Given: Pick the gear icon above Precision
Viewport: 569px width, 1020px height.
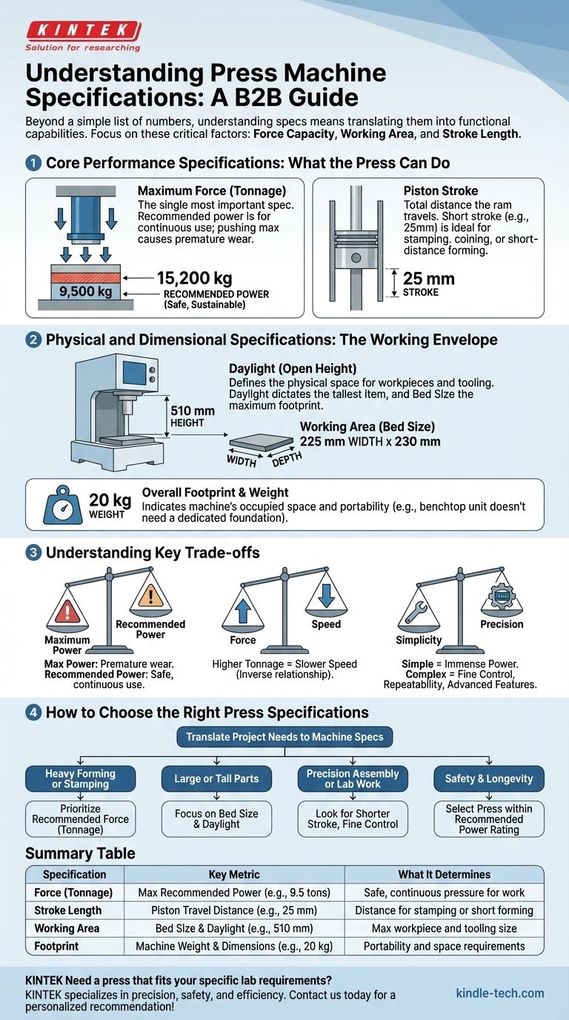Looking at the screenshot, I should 502,597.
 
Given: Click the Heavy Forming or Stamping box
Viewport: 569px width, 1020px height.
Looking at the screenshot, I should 81,779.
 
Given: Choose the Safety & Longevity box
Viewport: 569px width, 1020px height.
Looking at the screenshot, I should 488,779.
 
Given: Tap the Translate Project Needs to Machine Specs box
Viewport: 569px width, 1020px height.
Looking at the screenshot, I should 284,737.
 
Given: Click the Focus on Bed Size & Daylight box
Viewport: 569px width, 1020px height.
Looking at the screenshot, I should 216,818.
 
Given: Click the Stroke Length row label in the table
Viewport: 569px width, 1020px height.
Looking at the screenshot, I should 67,910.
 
